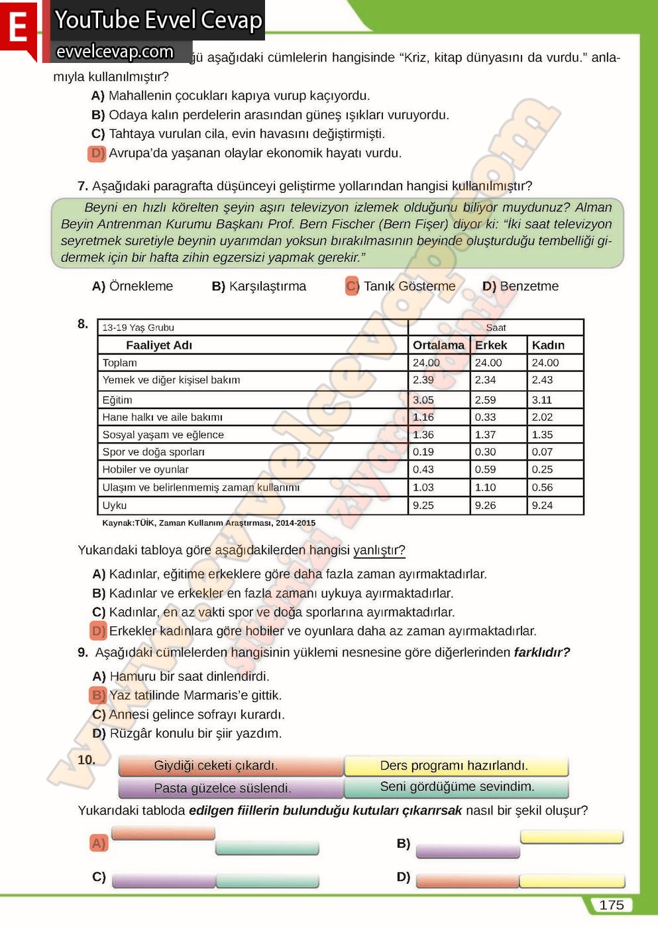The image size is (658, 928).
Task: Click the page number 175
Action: [x=611, y=905]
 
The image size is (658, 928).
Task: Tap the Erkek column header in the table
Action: [x=490, y=345]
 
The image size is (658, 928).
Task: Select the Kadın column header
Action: [x=548, y=345]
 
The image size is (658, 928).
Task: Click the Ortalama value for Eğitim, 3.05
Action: [x=423, y=400]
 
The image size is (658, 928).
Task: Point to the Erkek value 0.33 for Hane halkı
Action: [x=485, y=417]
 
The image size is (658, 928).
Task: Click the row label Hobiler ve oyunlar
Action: [x=145, y=469]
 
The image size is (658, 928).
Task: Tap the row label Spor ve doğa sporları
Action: [x=153, y=452]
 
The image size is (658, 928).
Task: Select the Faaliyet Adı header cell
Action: [x=159, y=345]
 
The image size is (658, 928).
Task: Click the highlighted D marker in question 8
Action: [x=98, y=631]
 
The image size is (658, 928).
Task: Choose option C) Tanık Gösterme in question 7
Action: [x=401, y=286]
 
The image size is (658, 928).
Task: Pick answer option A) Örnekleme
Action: [x=133, y=286]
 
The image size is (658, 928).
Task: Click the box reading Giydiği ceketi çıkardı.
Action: [x=216, y=766]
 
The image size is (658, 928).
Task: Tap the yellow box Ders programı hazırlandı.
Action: [x=455, y=766]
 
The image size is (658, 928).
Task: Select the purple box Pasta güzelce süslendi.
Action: [x=223, y=788]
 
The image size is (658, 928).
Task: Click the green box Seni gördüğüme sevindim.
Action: [x=457, y=787]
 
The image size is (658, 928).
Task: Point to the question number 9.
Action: [x=83, y=652]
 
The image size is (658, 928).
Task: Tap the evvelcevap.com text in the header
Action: [x=115, y=52]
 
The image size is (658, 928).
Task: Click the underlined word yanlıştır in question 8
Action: [x=378, y=550]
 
